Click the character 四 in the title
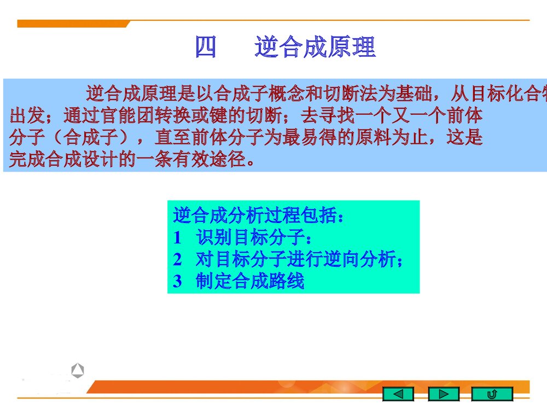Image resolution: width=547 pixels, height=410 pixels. (x=206, y=48)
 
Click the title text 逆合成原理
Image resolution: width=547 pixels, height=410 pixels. (x=315, y=48)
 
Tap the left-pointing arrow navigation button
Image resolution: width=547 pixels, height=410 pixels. (x=399, y=394)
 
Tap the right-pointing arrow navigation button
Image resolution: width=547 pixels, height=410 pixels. (x=444, y=394)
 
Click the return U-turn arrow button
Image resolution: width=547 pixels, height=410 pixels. (x=492, y=394)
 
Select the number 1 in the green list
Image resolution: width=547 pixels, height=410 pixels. (x=177, y=238)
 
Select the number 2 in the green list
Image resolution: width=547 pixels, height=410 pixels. (x=177, y=260)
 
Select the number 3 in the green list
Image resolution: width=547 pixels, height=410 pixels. (x=177, y=282)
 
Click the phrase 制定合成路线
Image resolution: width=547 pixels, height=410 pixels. (x=249, y=282)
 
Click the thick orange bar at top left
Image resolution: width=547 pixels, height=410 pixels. (x=71, y=24)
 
